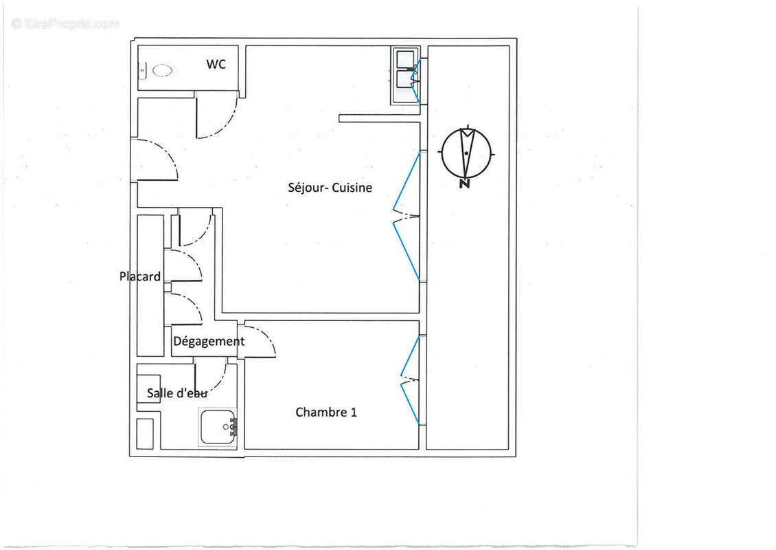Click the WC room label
216,65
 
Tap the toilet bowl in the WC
163,70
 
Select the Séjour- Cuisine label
330,187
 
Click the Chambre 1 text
326,412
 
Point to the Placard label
140,277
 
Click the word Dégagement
209,342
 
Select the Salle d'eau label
177,393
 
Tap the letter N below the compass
465,184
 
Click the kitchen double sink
404,70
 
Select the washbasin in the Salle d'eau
218,427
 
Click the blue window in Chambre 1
410,379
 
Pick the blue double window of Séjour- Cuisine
407,216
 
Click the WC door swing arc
218,118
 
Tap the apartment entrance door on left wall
156,159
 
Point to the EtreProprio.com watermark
65,23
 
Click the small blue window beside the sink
415,71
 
